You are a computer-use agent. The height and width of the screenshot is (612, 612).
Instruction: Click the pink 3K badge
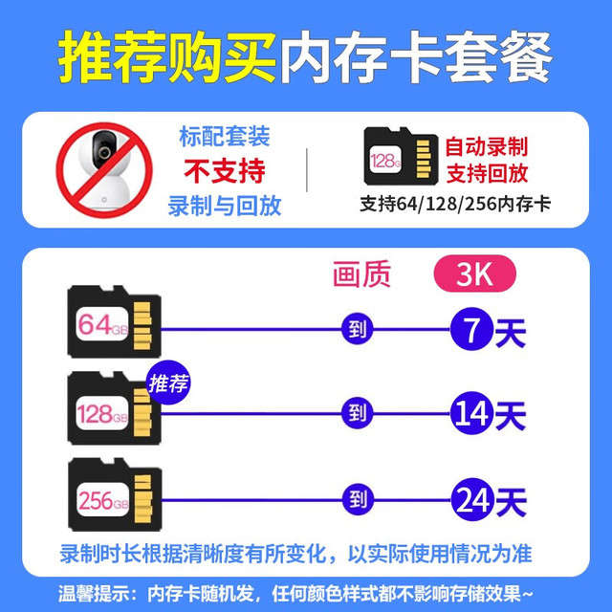tap(475, 273)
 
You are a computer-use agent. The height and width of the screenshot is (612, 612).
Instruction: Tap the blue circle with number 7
tap(471, 329)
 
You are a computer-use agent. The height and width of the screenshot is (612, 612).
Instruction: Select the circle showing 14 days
tap(471, 413)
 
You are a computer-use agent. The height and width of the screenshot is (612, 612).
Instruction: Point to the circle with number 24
tap(472, 499)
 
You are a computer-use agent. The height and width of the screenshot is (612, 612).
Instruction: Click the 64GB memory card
tap(115, 321)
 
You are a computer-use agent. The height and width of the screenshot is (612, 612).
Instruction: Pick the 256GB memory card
tap(115, 494)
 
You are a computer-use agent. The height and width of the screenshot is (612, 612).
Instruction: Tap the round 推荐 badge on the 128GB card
tap(168, 382)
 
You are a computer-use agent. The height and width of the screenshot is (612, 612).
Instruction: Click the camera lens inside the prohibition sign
tap(104, 151)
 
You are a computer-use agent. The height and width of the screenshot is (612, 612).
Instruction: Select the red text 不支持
tap(225, 171)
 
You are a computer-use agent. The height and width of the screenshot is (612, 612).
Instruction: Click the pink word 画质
tap(361, 274)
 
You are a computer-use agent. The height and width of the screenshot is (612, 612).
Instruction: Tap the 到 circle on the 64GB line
tap(357, 329)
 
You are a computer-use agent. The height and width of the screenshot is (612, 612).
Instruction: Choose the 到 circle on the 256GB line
tap(358, 499)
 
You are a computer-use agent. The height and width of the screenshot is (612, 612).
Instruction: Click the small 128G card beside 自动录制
tap(401, 156)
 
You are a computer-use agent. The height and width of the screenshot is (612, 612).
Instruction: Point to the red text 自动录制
tap(487, 146)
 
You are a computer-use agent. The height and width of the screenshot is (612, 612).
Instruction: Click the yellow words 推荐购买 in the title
tap(167, 57)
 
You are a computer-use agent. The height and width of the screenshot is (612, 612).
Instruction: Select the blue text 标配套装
tap(225, 137)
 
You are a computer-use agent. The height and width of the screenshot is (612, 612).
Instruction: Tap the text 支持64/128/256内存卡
tap(455, 204)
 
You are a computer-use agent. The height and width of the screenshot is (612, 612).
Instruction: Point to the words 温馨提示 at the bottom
tap(93, 594)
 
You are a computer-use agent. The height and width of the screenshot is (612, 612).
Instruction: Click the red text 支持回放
tap(487, 173)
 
